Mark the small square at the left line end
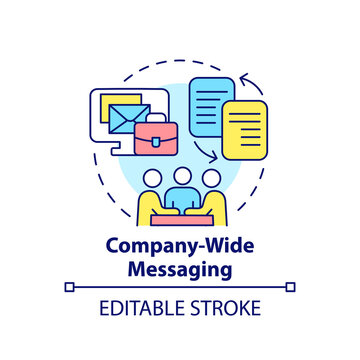pos(69,288)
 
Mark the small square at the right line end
pos(290,288)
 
